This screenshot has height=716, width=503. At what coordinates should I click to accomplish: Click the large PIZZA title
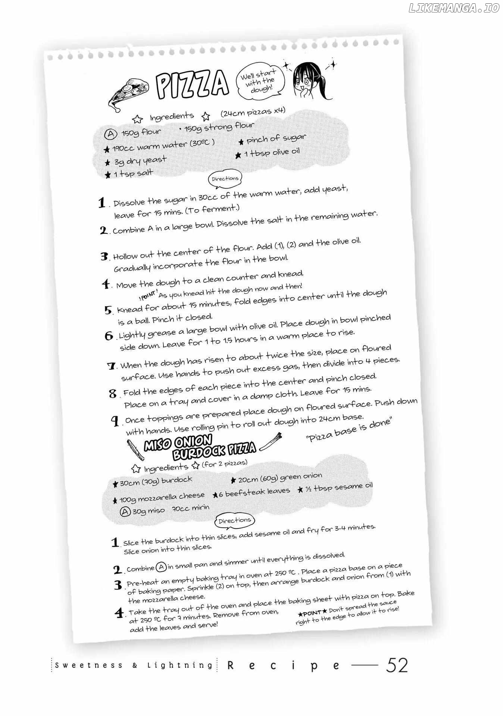(x=192, y=84)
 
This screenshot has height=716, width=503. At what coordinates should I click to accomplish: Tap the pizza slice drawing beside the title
(x=129, y=93)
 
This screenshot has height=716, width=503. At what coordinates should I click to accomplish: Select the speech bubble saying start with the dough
(x=260, y=81)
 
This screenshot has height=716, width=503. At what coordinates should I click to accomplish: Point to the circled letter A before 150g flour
(x=110, y=134)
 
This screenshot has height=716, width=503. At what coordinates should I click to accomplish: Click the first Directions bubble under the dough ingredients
(x=225, y=179)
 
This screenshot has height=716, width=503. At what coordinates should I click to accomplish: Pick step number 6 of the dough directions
(x=109, y=336)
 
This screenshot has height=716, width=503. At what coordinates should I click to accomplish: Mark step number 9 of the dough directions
(x=115, y=421)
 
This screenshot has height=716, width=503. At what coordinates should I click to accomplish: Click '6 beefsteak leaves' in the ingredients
(x=252, y=493)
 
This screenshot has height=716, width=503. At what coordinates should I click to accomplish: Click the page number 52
(x=397, y=665)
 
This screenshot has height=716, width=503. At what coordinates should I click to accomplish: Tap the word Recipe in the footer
(x=284, y=665)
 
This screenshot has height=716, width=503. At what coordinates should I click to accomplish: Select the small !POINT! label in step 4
(x=148, y=296)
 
